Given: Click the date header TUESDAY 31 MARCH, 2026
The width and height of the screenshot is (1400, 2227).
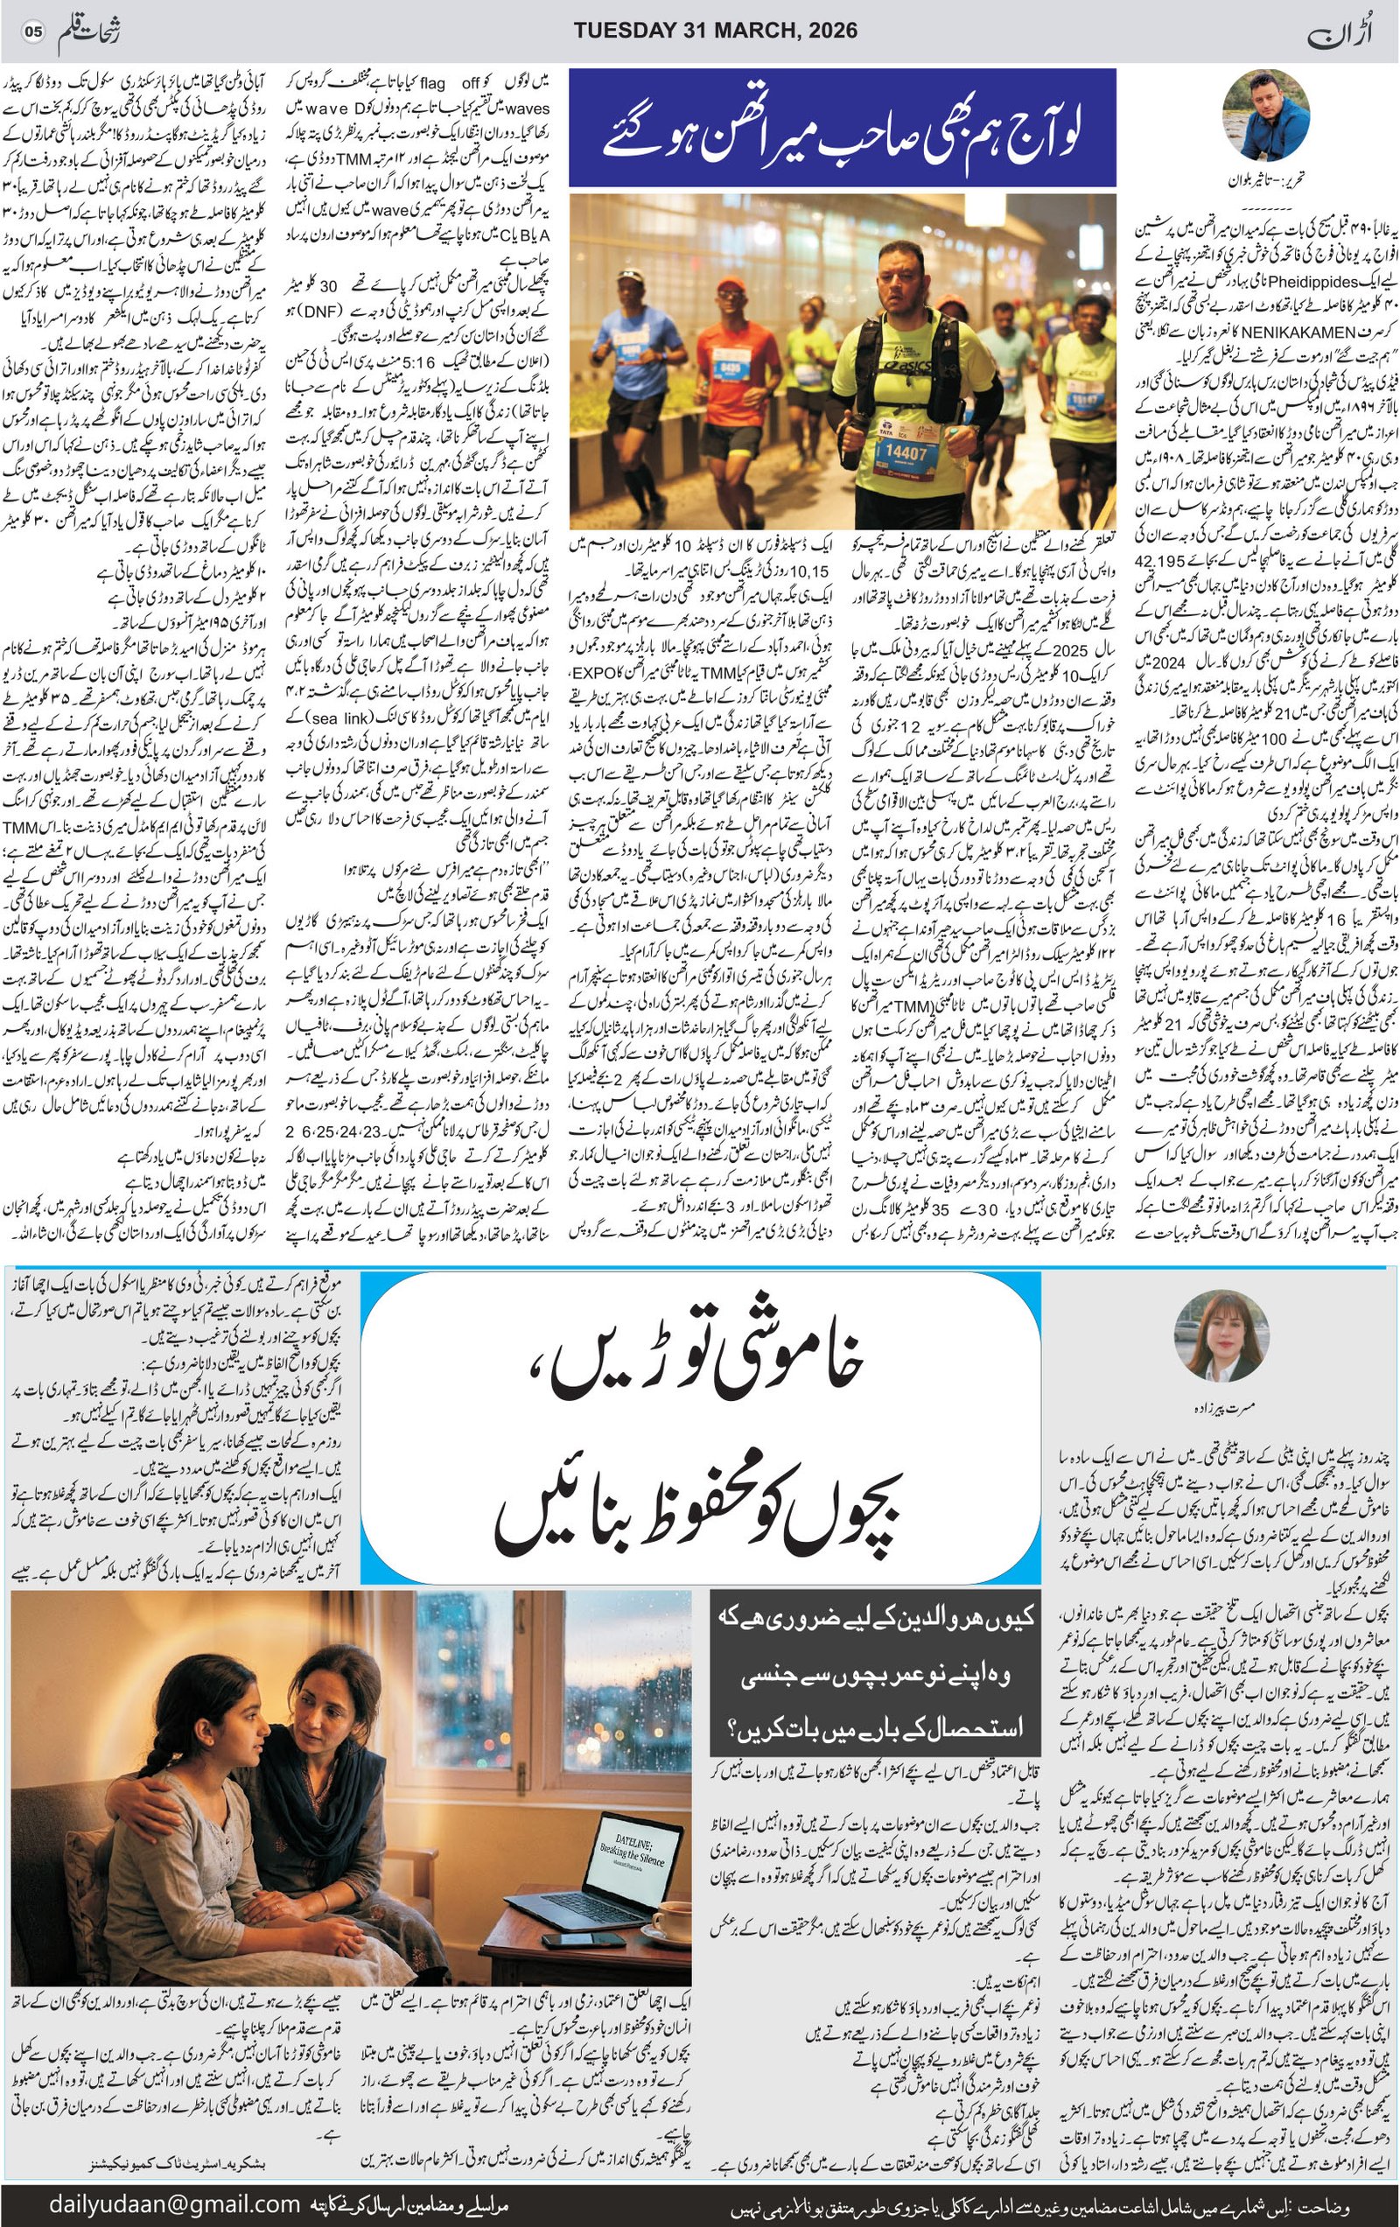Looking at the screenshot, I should pos(715,31).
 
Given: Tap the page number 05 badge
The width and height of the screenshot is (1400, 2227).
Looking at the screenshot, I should pos(33,32).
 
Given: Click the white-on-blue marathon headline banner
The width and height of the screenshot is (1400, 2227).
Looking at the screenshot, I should pos(843,128).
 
